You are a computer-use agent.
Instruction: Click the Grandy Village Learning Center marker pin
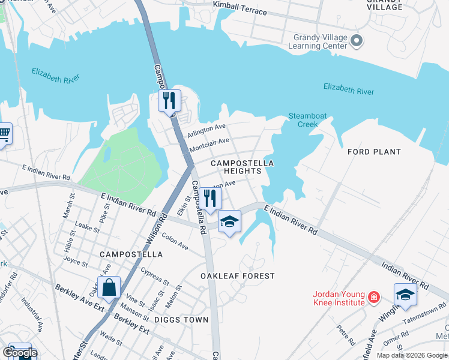pyautogui.click(x=357, y=41)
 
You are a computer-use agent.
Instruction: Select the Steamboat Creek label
pyautogui.click(x=303, y=120)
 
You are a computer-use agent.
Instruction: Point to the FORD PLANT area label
pyautogui.click(x=374, y=152)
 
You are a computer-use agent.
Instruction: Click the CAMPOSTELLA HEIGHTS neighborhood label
pyautogui.click(x=242, y=167)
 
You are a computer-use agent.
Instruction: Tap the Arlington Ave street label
pyautogui.click(x=206, y=129)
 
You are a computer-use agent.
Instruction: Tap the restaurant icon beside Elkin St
pyautogui.click(x=210, y=198)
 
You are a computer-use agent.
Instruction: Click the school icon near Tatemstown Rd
pyautogui.click(x=405, y=295)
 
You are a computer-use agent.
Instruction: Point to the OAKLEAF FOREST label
pyautogui.click(x=237, y=276)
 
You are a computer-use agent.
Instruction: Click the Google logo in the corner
pyautogui.click(x=19, y=353)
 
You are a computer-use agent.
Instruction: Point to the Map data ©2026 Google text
pyautogui.click(x=411, y=355)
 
